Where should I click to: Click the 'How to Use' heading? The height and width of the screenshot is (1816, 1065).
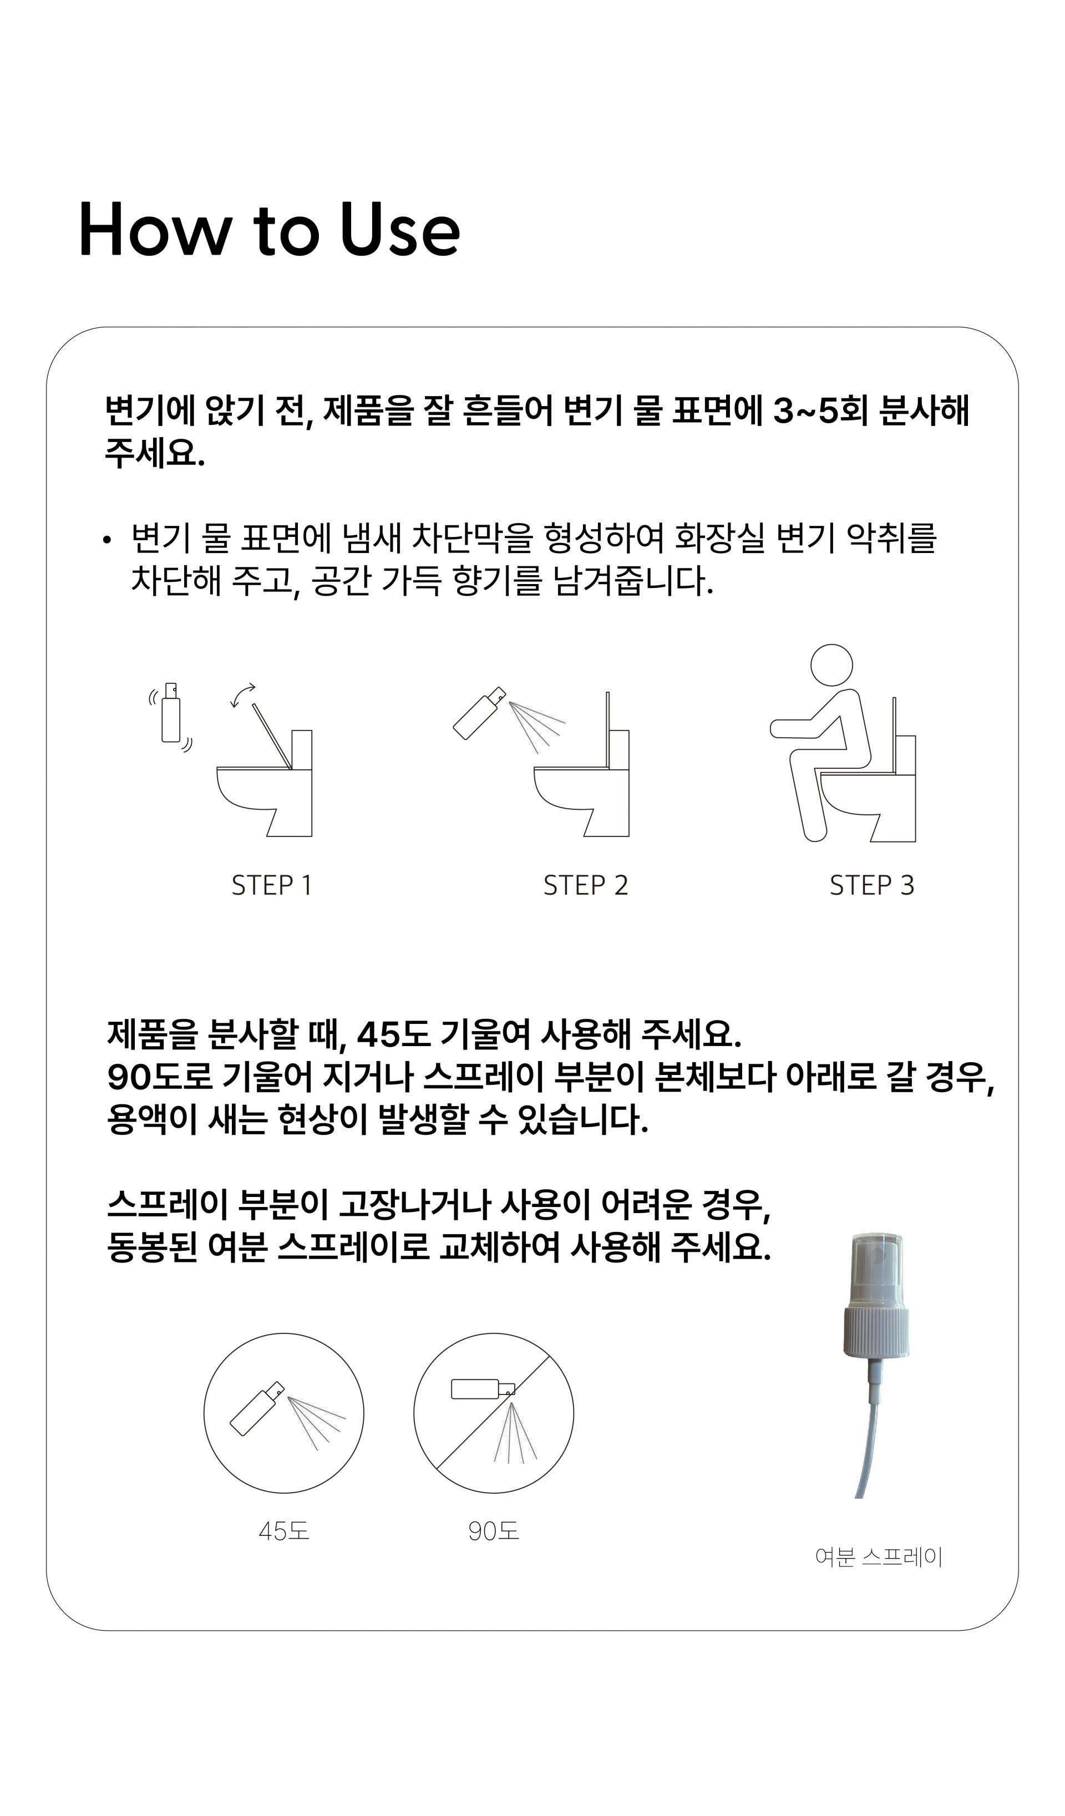(x=269, y=229)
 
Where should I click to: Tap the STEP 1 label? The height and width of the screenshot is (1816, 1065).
(x=272, y=885)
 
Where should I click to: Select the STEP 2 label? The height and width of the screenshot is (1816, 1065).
(x=585, y=885)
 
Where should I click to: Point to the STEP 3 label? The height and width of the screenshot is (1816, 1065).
(x=872, y=885)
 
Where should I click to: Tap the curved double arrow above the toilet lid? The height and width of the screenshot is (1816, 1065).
(x=242, y=694)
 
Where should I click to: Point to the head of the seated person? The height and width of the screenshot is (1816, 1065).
(x=831, y=665)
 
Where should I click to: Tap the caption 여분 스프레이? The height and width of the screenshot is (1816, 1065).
(x=879, y=1558)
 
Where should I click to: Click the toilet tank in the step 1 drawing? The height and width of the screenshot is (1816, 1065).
(x=301, y=783)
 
